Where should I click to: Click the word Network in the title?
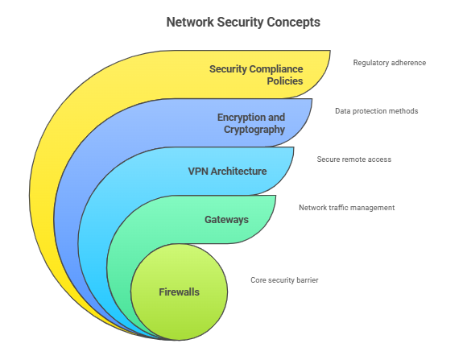point(190,22)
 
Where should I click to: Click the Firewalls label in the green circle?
point(179,292)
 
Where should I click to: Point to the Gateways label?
point(226,220)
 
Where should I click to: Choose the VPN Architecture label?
point(227,172)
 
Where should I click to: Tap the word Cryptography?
point(254,130)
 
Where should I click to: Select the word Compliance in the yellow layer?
point(276,69)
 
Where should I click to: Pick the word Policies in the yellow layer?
point(285,81)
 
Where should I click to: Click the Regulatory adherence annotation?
point(389,63)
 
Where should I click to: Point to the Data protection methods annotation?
point(377,111)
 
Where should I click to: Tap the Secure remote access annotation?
point(353,159)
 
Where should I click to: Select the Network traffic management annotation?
point(347,208)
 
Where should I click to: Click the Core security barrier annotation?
point(284,280)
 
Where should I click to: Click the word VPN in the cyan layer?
point(198,172)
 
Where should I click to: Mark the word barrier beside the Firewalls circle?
point(309,280)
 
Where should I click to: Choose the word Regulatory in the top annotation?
point(367,63)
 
